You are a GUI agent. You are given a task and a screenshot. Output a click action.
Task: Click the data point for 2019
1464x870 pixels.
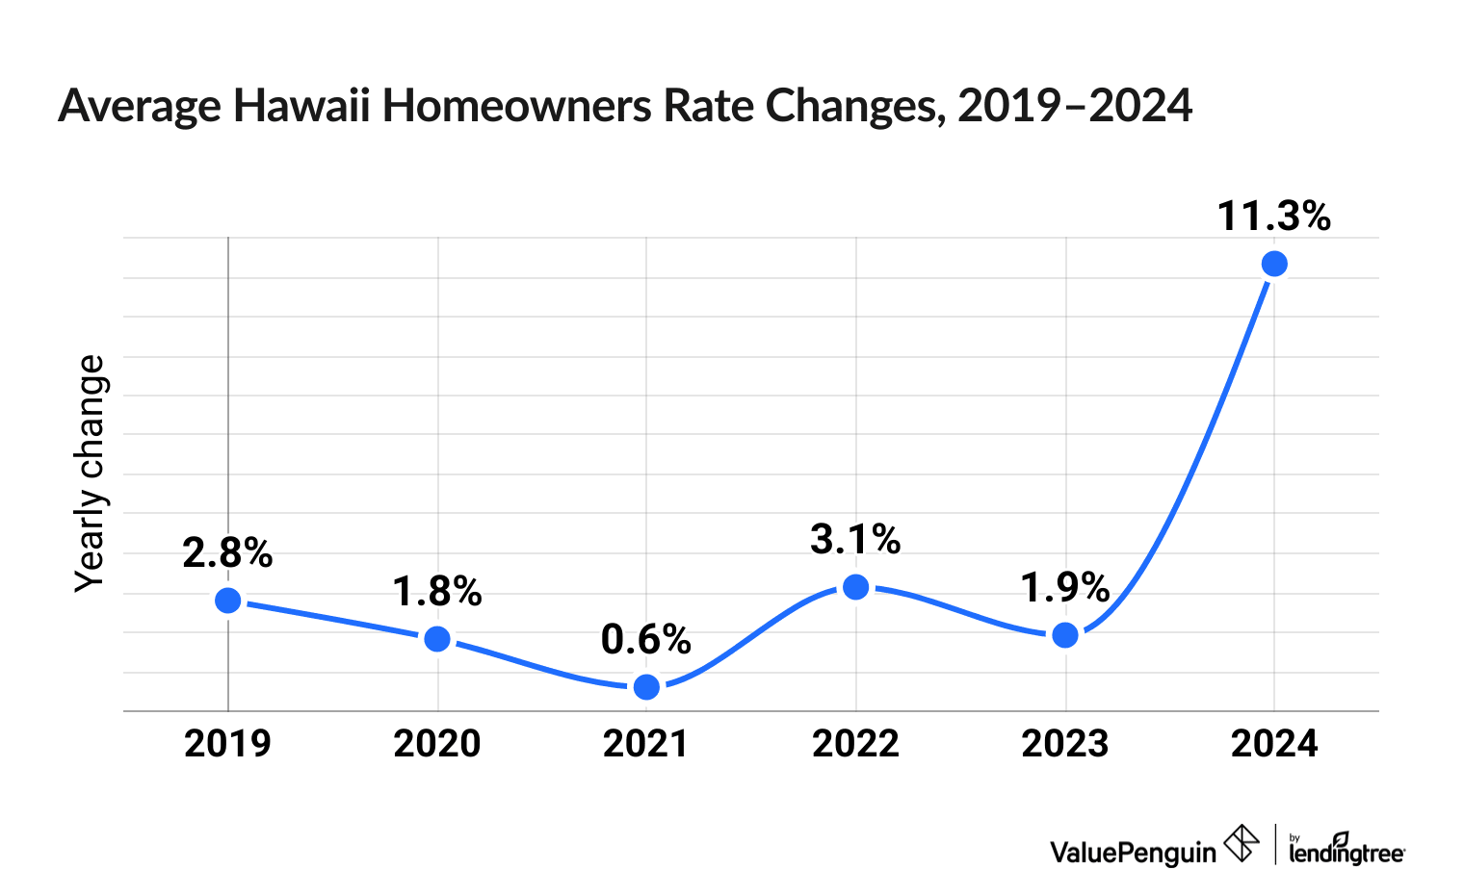tap(228, 601)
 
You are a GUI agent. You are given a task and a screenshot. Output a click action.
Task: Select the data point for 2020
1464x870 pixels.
tap(437, 639)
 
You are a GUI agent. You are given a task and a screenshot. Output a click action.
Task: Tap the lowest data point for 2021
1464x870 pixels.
tap(647, 686)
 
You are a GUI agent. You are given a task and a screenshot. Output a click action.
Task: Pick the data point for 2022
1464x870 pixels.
tap(855, 587)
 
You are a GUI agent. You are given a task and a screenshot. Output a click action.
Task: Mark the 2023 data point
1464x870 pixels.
tap(1065, 635)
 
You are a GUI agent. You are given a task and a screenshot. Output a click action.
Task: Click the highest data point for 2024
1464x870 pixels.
tap(1274, 264)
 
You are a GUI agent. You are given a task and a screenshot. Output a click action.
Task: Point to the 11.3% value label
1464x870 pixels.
tap(1273, 217)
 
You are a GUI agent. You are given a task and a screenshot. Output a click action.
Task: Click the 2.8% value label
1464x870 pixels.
tap(228, 553)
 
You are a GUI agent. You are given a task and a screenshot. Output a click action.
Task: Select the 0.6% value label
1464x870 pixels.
tap(646, 640)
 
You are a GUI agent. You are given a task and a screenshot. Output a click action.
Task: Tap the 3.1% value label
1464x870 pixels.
tap(855, 540)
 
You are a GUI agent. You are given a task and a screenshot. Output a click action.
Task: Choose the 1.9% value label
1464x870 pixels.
tap(1065, 588)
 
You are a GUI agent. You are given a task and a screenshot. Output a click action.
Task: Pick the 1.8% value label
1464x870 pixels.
tap(437, 592)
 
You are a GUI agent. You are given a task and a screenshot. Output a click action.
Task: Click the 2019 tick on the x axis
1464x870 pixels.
tap(228, 744)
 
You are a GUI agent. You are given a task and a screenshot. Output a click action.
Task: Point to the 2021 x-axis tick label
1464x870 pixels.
tap(646, 744)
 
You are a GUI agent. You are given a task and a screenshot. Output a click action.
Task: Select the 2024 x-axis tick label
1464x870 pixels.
tap(1274, 744)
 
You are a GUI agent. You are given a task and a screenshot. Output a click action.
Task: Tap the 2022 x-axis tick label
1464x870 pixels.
tap(855, 744)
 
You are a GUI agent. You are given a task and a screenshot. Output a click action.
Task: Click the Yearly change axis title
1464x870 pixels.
tap(91, 473)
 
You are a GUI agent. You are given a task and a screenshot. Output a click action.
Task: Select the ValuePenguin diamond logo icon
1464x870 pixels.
tap(1242, 844)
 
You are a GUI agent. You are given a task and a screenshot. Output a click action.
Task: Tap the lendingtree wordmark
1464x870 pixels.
tap(1346, 851)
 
